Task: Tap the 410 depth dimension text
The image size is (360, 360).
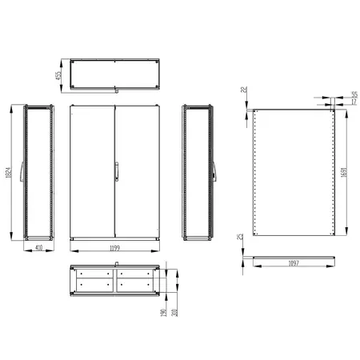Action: pos(38,249)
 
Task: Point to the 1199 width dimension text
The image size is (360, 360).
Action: pos(116,250)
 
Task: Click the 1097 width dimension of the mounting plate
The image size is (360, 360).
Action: pos(294,263)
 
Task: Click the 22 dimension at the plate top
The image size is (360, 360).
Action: pos(243,92)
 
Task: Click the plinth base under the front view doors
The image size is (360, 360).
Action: pos(116,238)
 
